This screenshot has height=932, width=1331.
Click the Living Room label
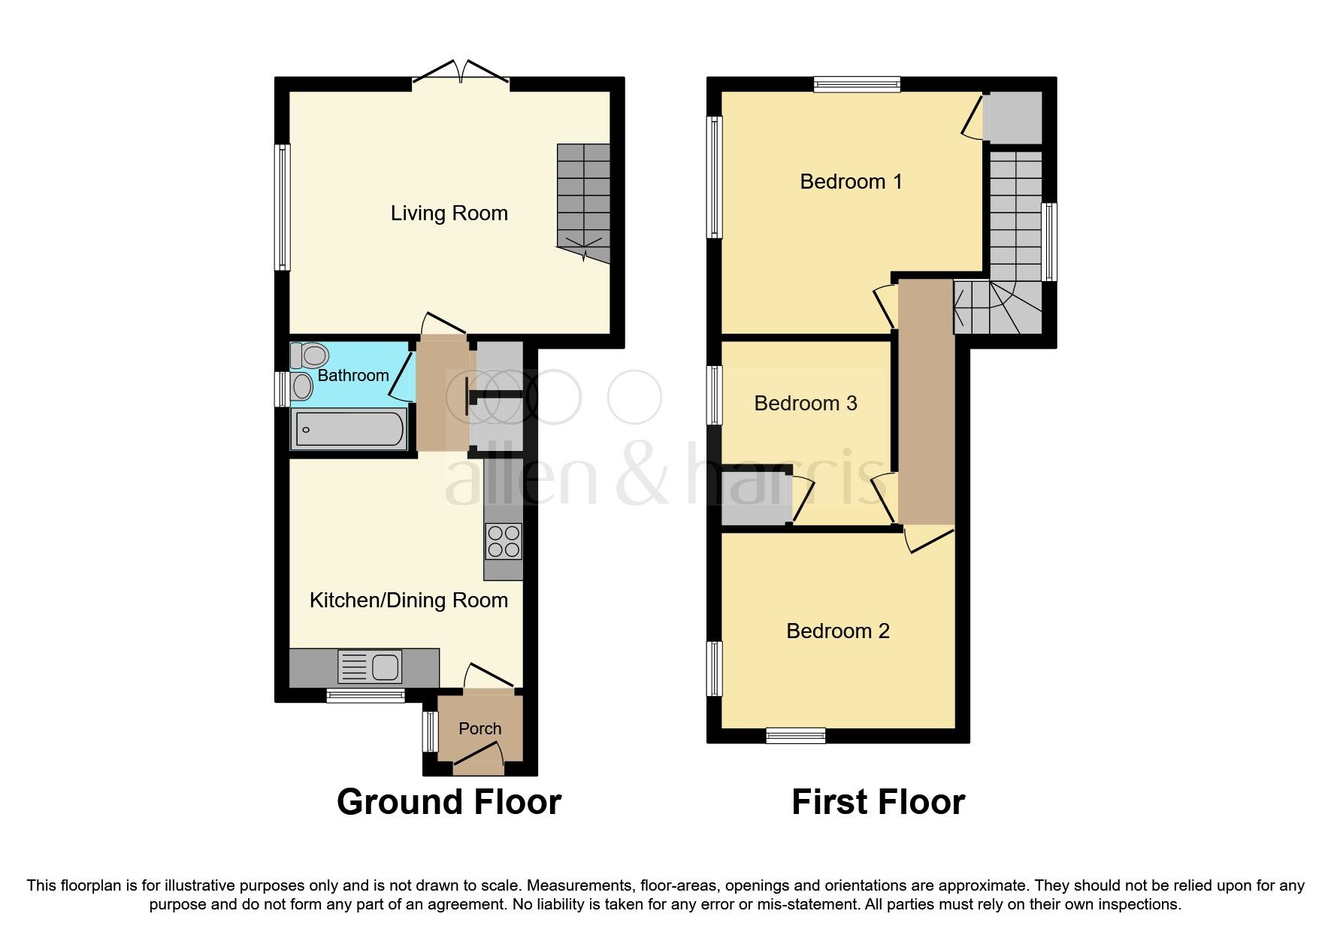click(x=449, y=213)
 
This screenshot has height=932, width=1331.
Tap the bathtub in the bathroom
click(x=349, y=430)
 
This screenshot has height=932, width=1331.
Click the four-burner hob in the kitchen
click(x=504, y=541)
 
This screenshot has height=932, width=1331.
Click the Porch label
click(x=479, y=728)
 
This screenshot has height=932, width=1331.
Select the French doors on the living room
click(x=461, y=74)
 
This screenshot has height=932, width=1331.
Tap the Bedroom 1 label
click(x=850, y=181)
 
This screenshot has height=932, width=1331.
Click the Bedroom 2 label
click(x=837, y=631)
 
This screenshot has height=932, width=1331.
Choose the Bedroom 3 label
click(x=805, y=404)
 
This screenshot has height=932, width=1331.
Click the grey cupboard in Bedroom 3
click(x=755, y=499)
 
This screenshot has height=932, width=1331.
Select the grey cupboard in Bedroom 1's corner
click(x=1012, y=117)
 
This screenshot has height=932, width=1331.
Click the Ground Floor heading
click(x=449, y=802)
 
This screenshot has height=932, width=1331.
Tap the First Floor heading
click(x=878, y=802)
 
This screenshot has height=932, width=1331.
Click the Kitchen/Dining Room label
click(x=408, y=601)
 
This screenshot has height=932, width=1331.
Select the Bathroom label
click(x=352, y=375)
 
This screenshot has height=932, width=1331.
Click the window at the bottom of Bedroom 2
click(x=795, y=736)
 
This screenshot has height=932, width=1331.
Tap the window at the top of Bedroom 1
click(x=857, y=85)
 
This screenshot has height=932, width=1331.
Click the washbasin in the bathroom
click(x=302, y=387)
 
